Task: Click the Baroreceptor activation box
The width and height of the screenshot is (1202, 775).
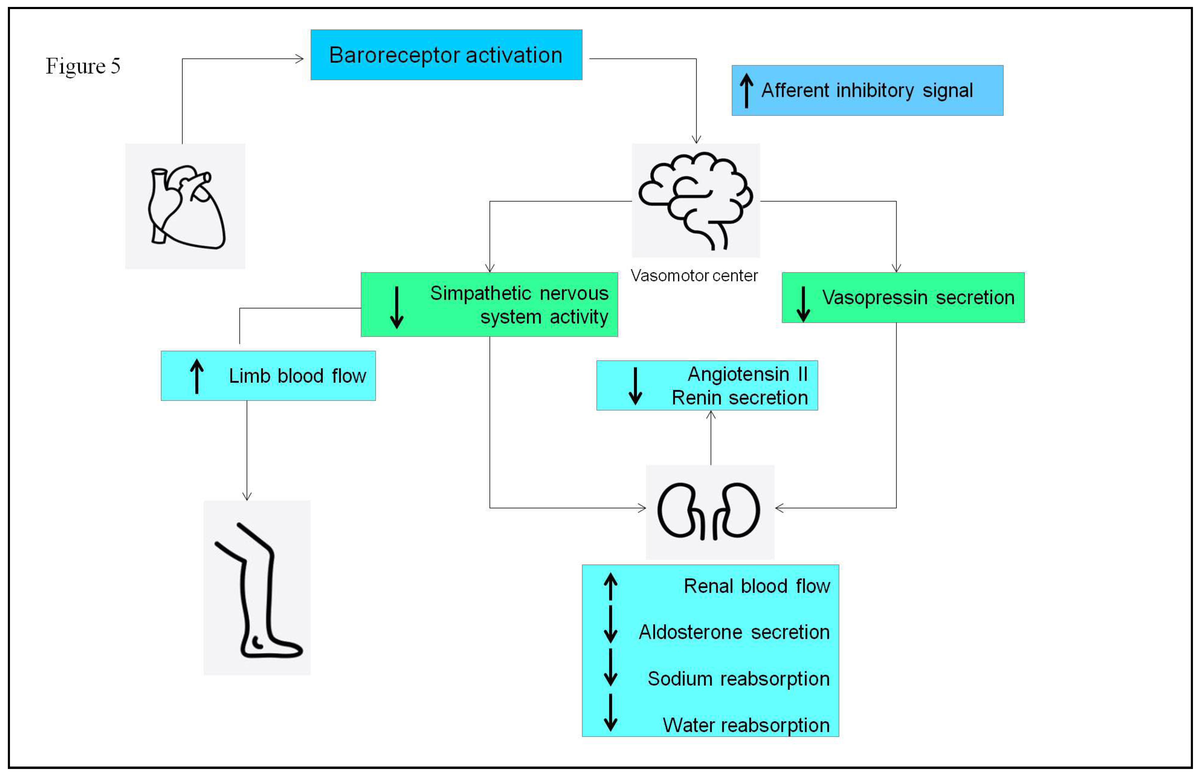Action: click(446, 55)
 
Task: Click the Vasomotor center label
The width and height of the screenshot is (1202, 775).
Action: click(694, 276)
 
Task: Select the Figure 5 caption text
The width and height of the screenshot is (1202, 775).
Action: click(83, 66)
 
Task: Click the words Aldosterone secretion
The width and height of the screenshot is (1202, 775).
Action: click(734, 632)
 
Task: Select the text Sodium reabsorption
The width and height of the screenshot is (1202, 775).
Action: click(739, 679)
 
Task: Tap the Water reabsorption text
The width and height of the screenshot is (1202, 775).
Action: click(746, 725)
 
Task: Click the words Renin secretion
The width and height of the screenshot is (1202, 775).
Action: click(740, 398)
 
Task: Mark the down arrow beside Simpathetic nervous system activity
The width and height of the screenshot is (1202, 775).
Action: click(397, 307)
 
